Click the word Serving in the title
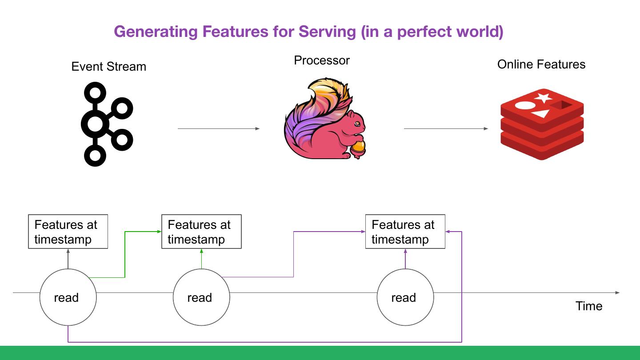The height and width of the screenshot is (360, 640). [327, 32]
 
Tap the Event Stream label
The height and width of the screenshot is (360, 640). [108, 67]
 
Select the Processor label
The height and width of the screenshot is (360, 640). [322, 60]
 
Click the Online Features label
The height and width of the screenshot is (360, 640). [541, 64]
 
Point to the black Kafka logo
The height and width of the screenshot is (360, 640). [107, 124]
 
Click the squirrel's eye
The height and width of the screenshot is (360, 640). [357, 124]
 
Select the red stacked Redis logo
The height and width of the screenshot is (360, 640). [542, 124]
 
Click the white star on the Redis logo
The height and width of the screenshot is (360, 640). [544, 97]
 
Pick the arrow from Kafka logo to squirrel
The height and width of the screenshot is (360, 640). [219, 128]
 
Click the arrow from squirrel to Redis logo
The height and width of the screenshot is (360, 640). [446, 128]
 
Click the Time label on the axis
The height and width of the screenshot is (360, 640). [589, 306]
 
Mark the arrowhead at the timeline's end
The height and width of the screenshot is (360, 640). [617, 292]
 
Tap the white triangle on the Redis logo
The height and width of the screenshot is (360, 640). [541, 114]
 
